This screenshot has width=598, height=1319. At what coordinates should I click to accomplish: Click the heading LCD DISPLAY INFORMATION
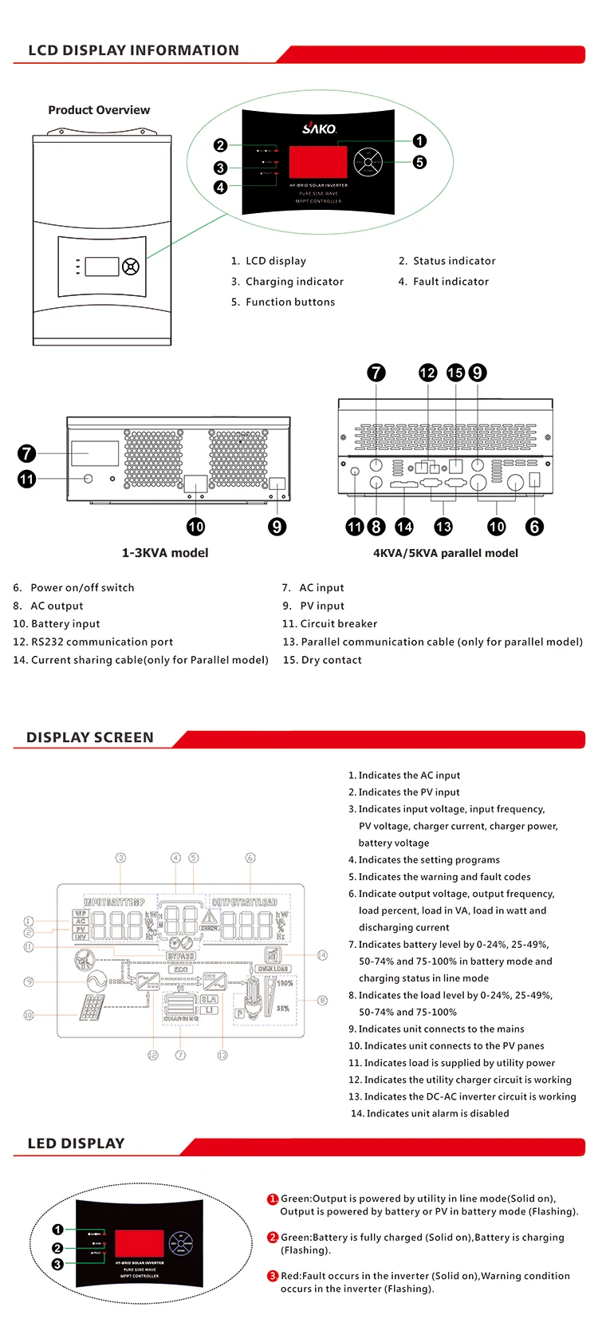click(133, 50)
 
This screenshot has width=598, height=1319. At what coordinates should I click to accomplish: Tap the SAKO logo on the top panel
click(319, 128)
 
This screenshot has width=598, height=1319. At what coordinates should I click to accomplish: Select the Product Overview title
click(99, 110)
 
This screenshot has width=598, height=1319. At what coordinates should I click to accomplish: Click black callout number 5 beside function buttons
click(419, 162)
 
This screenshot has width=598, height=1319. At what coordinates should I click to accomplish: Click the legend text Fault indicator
click(450, 282)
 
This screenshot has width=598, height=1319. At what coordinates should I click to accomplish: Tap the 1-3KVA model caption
click(165, 553)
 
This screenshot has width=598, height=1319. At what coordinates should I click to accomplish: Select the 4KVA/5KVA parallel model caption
click(445, 553)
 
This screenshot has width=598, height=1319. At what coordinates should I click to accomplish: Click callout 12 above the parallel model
click(428, 373)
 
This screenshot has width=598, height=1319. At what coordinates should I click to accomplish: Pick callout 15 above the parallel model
click(455, 373)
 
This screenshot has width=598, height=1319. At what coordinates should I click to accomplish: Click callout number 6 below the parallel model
click(534, 527)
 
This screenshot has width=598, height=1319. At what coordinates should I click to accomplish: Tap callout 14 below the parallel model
click(404, 527)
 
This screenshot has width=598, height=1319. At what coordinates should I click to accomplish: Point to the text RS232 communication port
click(102, 642)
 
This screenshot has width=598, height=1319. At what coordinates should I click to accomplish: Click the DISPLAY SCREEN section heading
click(90, 737)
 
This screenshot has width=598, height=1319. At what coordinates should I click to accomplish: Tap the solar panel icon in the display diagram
click(92, 1008)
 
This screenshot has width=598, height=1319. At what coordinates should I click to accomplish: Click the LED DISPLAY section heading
click(77, 1143)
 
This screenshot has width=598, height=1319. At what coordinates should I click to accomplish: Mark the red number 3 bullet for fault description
click(273, 1276)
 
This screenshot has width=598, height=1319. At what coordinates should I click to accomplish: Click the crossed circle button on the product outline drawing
click(131, 267)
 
